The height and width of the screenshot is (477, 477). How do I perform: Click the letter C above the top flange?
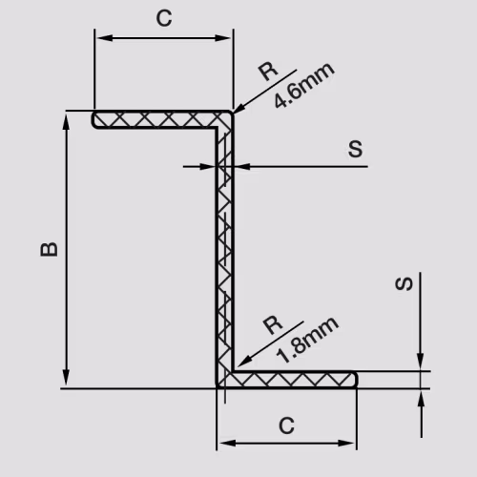point(164,18)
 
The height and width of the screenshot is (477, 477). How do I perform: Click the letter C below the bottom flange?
point(286,425)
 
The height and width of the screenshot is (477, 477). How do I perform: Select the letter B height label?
point(50,249)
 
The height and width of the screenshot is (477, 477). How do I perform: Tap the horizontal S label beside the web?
point(355,149)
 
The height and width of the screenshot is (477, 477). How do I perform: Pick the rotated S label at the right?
point(404,283)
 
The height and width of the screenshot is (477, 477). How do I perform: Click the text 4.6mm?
point(304,85)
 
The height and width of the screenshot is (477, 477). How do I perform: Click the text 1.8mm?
point(307,340)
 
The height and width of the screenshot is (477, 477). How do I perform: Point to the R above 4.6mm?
point(268,72)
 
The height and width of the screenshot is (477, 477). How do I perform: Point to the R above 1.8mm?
point(273,325)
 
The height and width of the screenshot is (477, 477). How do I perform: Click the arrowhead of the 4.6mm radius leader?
point(239,108)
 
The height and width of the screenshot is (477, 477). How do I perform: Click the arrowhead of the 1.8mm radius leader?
point(243,362)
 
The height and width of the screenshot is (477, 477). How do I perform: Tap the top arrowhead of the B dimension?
point(66,122)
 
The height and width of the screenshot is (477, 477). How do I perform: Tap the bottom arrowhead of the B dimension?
point(66,378)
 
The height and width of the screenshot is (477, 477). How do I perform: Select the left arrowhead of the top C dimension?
point(105,38)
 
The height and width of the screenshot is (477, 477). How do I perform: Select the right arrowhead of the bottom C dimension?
point(346,443)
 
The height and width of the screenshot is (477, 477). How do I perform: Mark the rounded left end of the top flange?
point(94,119)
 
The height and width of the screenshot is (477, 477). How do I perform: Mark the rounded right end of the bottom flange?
point(355,380)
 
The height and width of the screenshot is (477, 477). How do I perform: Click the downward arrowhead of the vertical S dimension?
point(420,362)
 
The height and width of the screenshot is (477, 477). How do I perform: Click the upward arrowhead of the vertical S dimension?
point(421,399)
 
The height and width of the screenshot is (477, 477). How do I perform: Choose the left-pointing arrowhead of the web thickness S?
point(242,166)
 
